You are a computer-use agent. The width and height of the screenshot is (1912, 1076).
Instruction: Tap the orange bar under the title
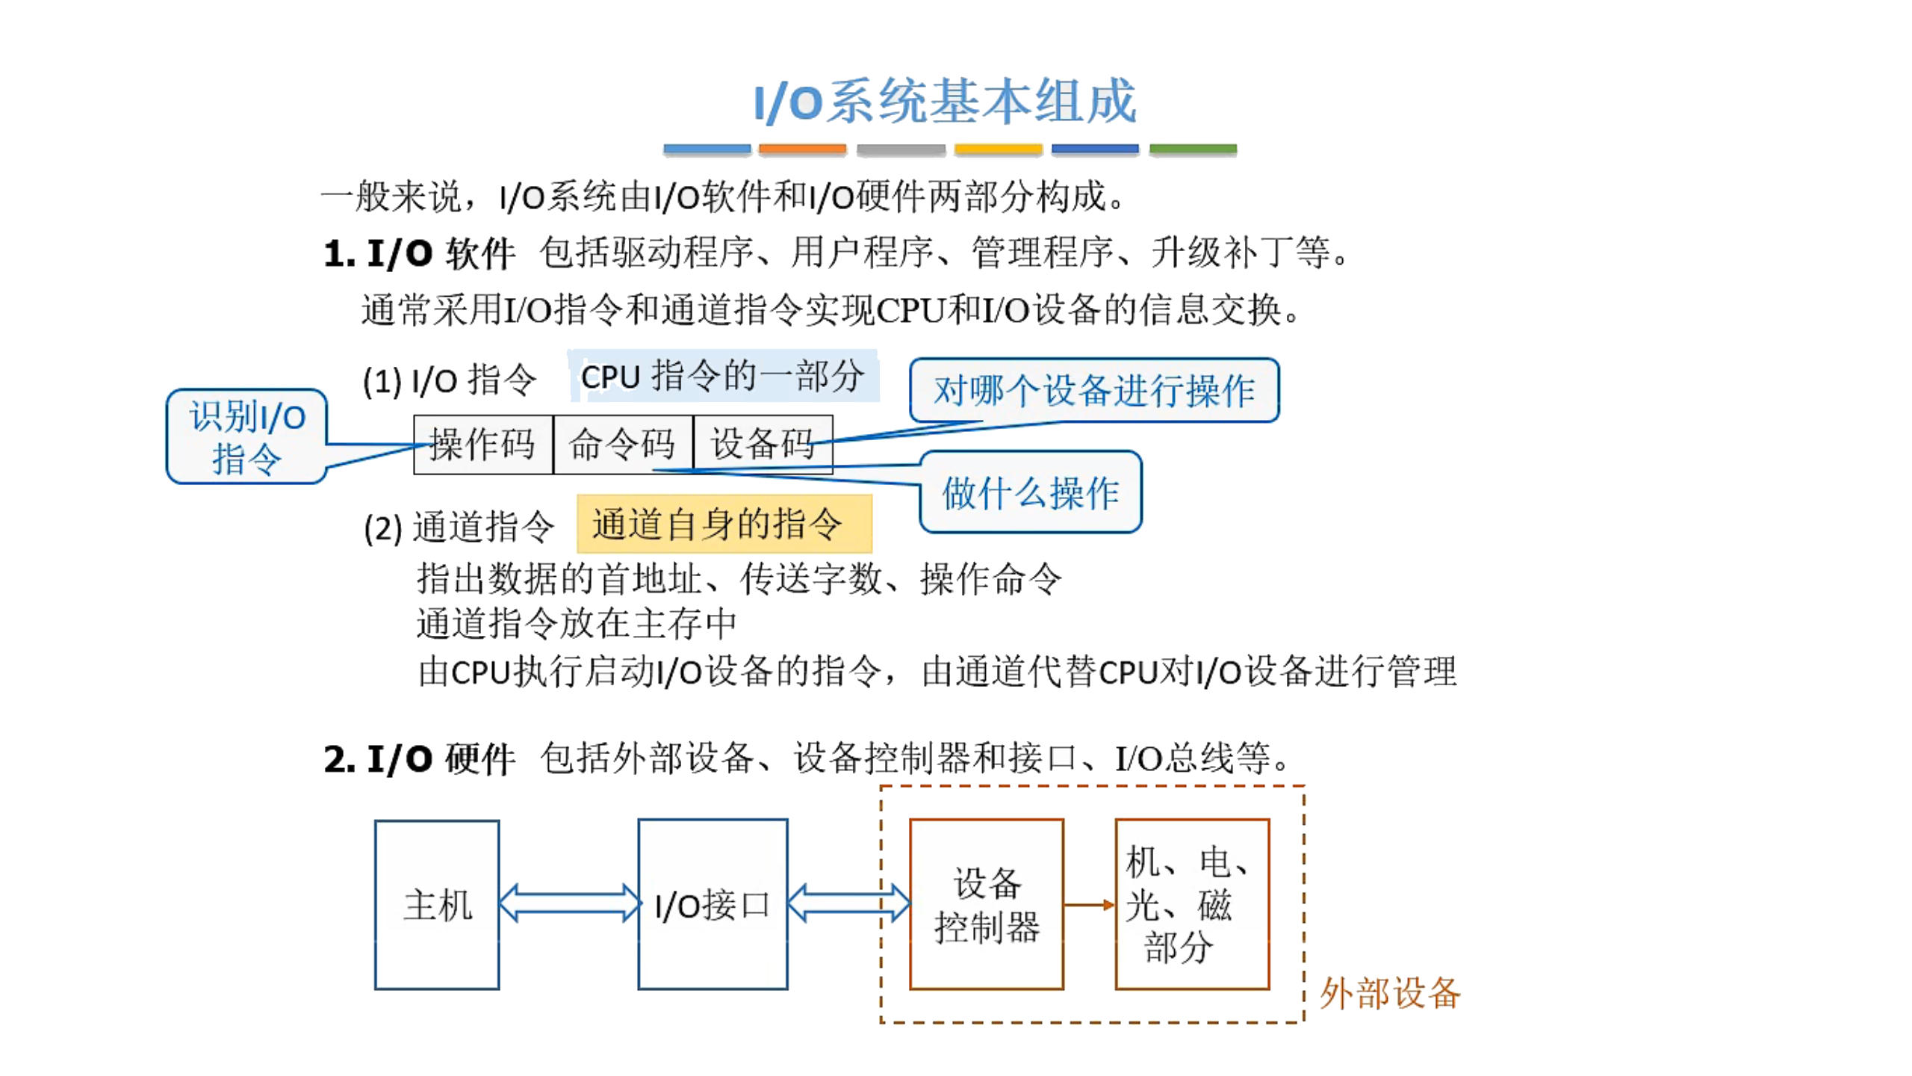click(x=801, y=149)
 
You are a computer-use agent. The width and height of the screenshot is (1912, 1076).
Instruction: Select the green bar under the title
click(x=1192, y=149)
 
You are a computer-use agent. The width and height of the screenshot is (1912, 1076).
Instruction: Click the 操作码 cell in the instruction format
click(x=482, y=445)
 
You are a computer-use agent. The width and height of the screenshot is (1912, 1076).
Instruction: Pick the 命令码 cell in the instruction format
click(x=622, y=445)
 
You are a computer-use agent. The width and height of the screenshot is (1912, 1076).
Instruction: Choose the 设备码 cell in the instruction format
click(x=762, y=445)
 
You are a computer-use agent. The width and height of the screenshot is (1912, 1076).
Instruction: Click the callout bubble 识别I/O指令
click(x=246, y=437)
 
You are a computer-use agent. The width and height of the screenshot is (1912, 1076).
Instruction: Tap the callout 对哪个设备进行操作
click(x=1093, y=391)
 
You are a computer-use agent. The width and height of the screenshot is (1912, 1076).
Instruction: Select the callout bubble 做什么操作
click(x=1030, y=493)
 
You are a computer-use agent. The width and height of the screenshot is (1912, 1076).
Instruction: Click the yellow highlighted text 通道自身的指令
click(x=723, y=524)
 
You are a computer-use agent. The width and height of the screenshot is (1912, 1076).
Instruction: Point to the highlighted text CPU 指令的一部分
click(x=722, y=376)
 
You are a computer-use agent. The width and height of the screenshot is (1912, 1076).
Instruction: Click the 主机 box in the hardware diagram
click(x=437, y=905)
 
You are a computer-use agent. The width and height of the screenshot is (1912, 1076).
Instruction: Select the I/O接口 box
click(x=712, y=905)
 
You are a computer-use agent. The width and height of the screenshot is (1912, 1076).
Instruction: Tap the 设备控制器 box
click(x=986, y=905)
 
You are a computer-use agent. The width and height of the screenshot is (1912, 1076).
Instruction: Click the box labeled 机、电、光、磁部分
click(x=1191, y=905)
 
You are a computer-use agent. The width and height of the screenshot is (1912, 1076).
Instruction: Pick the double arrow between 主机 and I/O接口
click(x=569, y=903)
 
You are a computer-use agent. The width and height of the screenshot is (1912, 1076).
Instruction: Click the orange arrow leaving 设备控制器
click(x=1088, y=905)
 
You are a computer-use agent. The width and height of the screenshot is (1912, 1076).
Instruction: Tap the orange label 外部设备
click(x=1388, y=994)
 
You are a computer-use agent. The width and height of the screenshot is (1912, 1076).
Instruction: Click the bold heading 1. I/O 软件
click(x=419, y=254)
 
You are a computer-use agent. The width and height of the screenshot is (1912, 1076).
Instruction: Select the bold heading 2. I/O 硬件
click(x=419, y=759)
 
